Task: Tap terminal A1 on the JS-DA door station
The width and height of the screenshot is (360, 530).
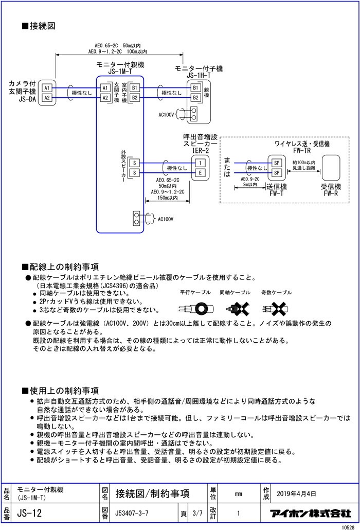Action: pyautogui.click(x=46, y=88)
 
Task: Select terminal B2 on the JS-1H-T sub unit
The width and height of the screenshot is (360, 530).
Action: pyautogui.click(x=195, y=97)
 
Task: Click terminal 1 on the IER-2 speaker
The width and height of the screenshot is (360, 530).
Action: pyautogui.click(x=200, y=163)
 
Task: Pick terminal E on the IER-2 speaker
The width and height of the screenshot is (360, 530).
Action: pyautogui.click(x=200, y=173)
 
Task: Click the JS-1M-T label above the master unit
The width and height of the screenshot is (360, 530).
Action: pyautogui.click(x=120, y=72)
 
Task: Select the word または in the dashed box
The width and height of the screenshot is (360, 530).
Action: pyautogui.click(x=227, y=167)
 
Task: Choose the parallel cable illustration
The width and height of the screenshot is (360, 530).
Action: pyautogui.click(x=194, y=310)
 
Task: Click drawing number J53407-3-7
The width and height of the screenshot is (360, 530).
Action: pyautogui.click(x=132, y=513)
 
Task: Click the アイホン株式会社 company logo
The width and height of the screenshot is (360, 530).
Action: pyautogui.click(x=310, y=513)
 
